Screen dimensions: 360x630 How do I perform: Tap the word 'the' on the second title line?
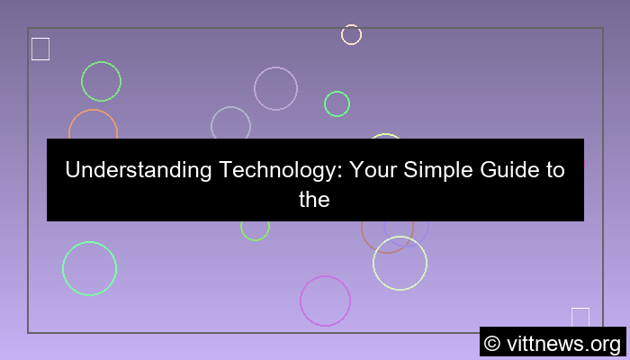[x=315, y=199]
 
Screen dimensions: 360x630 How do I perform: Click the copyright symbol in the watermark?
[x=492, y=343]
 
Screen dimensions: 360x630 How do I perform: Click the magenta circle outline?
[x=325, y=301]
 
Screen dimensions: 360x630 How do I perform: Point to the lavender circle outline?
[x=275, y=88]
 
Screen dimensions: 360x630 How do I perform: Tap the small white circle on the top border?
[x=351, y=34]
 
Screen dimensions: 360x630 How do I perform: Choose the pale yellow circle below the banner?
[x=400, y=263]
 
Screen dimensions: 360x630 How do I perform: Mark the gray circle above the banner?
[x=230, y=124]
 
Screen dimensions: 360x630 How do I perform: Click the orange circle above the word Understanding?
[x=93, y=126]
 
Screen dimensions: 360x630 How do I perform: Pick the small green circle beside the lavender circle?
[x=337, y=103]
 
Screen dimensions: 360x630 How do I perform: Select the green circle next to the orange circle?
[x=101, y=81]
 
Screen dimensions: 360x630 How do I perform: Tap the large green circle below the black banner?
[x=89, y=268]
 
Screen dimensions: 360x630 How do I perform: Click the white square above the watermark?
[x=580, y=317]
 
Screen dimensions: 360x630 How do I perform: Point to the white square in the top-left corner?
[x=40, y=49]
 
